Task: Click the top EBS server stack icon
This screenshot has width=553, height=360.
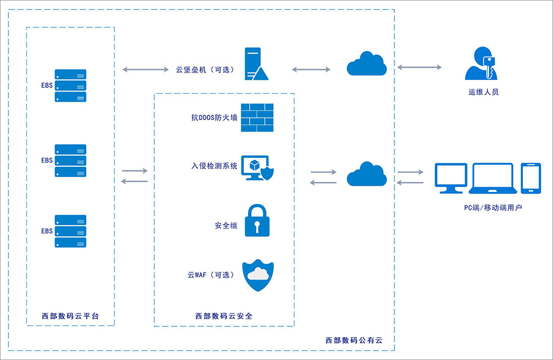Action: (x=70, y=85)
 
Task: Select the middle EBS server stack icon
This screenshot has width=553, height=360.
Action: (x=70, y=161)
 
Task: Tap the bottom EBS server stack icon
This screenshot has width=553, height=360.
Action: (x=70, y=231)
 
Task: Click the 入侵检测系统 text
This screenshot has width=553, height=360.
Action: (x=214, y=166)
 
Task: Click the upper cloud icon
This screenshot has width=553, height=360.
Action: (x=367, y=64)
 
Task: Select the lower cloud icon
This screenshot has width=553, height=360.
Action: (x=367, y=174)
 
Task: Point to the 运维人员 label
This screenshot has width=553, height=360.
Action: (x=483, y=92)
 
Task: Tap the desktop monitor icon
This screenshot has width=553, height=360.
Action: (x=450, y=178)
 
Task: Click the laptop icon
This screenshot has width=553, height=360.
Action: (x=492, y=178)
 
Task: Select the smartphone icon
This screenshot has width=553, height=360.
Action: (x=530, y=177)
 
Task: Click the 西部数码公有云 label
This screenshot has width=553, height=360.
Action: (x=353, y=341)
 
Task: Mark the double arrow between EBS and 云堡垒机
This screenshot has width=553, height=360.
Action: (x=144, y=69)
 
